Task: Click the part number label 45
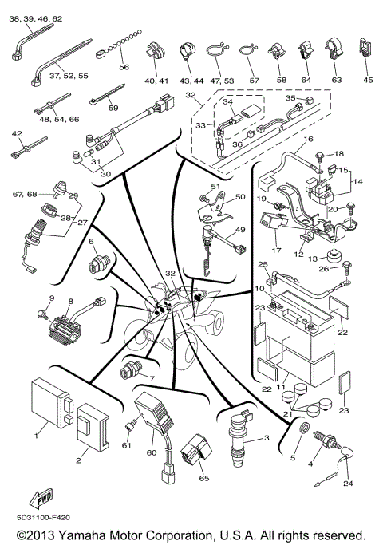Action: click(x=367, y=80)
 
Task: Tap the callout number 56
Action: click(x=124, y=68)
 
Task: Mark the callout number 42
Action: click(x=17, y=134)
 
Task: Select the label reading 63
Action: click(x=336, y=80)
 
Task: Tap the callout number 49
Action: click(x=235, y=230)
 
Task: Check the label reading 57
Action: click(x=255, y=81)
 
